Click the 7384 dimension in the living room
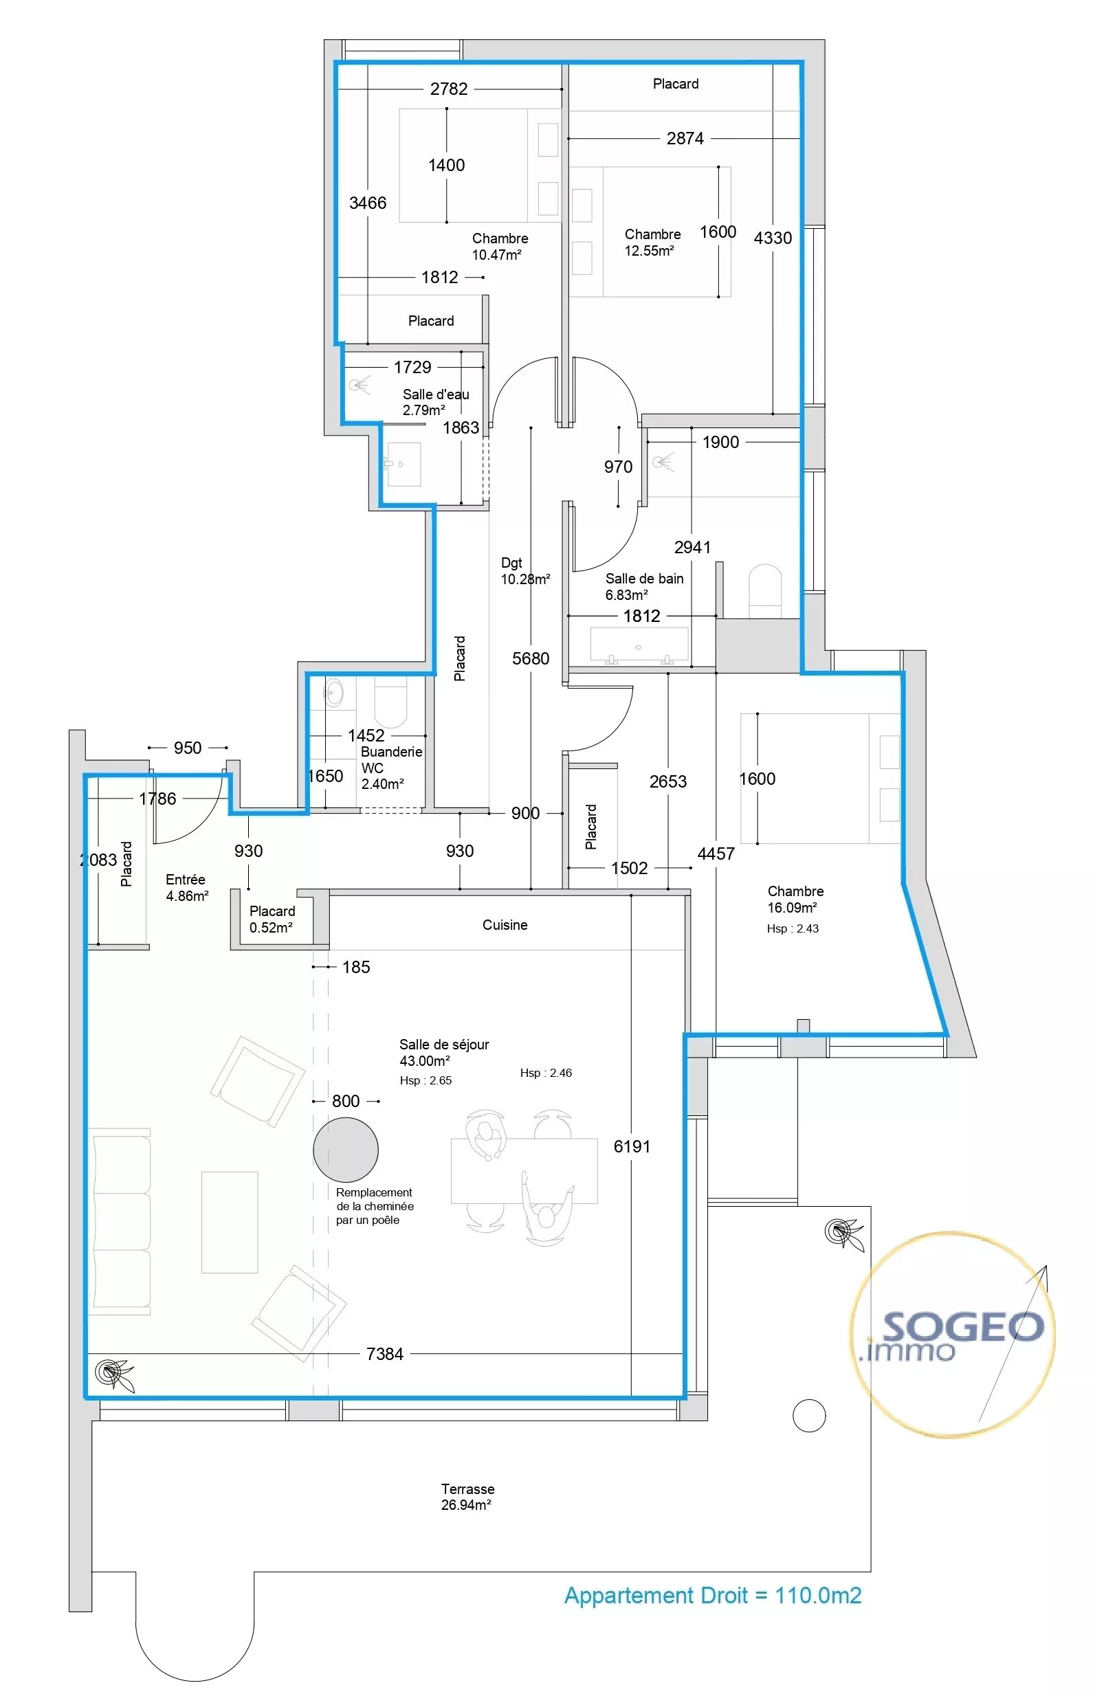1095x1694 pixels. click(x=385, y=1355)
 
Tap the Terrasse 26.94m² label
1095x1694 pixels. click(x=467, y=1496)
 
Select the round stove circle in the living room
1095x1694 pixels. click(x=346, y=1150)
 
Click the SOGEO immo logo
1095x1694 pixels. click(x=953, y=1335)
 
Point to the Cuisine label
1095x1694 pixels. click(x=505, y=925)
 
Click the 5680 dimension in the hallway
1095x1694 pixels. click(x=531, y=659)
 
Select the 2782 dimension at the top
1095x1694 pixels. click(x=449, y=89)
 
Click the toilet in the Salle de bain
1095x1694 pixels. click(x=765, y=591)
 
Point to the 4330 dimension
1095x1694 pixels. click(x=773, y=238)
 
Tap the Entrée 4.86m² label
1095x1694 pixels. click(x=187, y=888)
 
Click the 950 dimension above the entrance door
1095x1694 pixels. click(x=188, y=748)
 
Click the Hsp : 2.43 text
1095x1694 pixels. click(x=793, y=928)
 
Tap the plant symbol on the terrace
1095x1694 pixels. click(x=844, y=1233)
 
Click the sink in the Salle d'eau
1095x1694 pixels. click(x=403, y=464)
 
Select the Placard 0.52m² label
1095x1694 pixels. click(x=272, y=919)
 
